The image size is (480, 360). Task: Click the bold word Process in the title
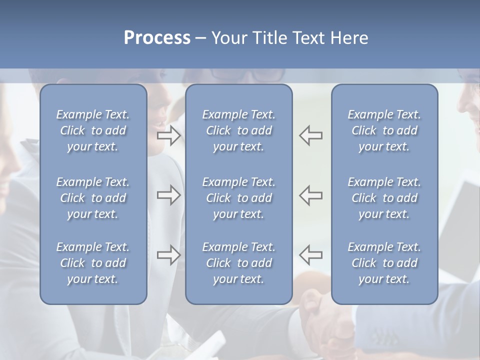157,38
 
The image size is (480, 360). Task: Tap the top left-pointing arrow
310,135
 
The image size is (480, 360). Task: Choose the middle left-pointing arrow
310,195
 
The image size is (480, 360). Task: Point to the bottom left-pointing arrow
310,255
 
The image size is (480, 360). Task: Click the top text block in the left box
93,130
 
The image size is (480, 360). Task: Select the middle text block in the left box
93,198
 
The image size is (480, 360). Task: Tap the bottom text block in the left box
93,263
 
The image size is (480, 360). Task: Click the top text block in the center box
238,130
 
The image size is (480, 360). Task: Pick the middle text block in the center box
238,198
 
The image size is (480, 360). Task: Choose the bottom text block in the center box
238,263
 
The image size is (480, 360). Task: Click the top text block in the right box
384,130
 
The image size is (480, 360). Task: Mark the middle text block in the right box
384,198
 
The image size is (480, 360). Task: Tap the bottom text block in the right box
384,263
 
